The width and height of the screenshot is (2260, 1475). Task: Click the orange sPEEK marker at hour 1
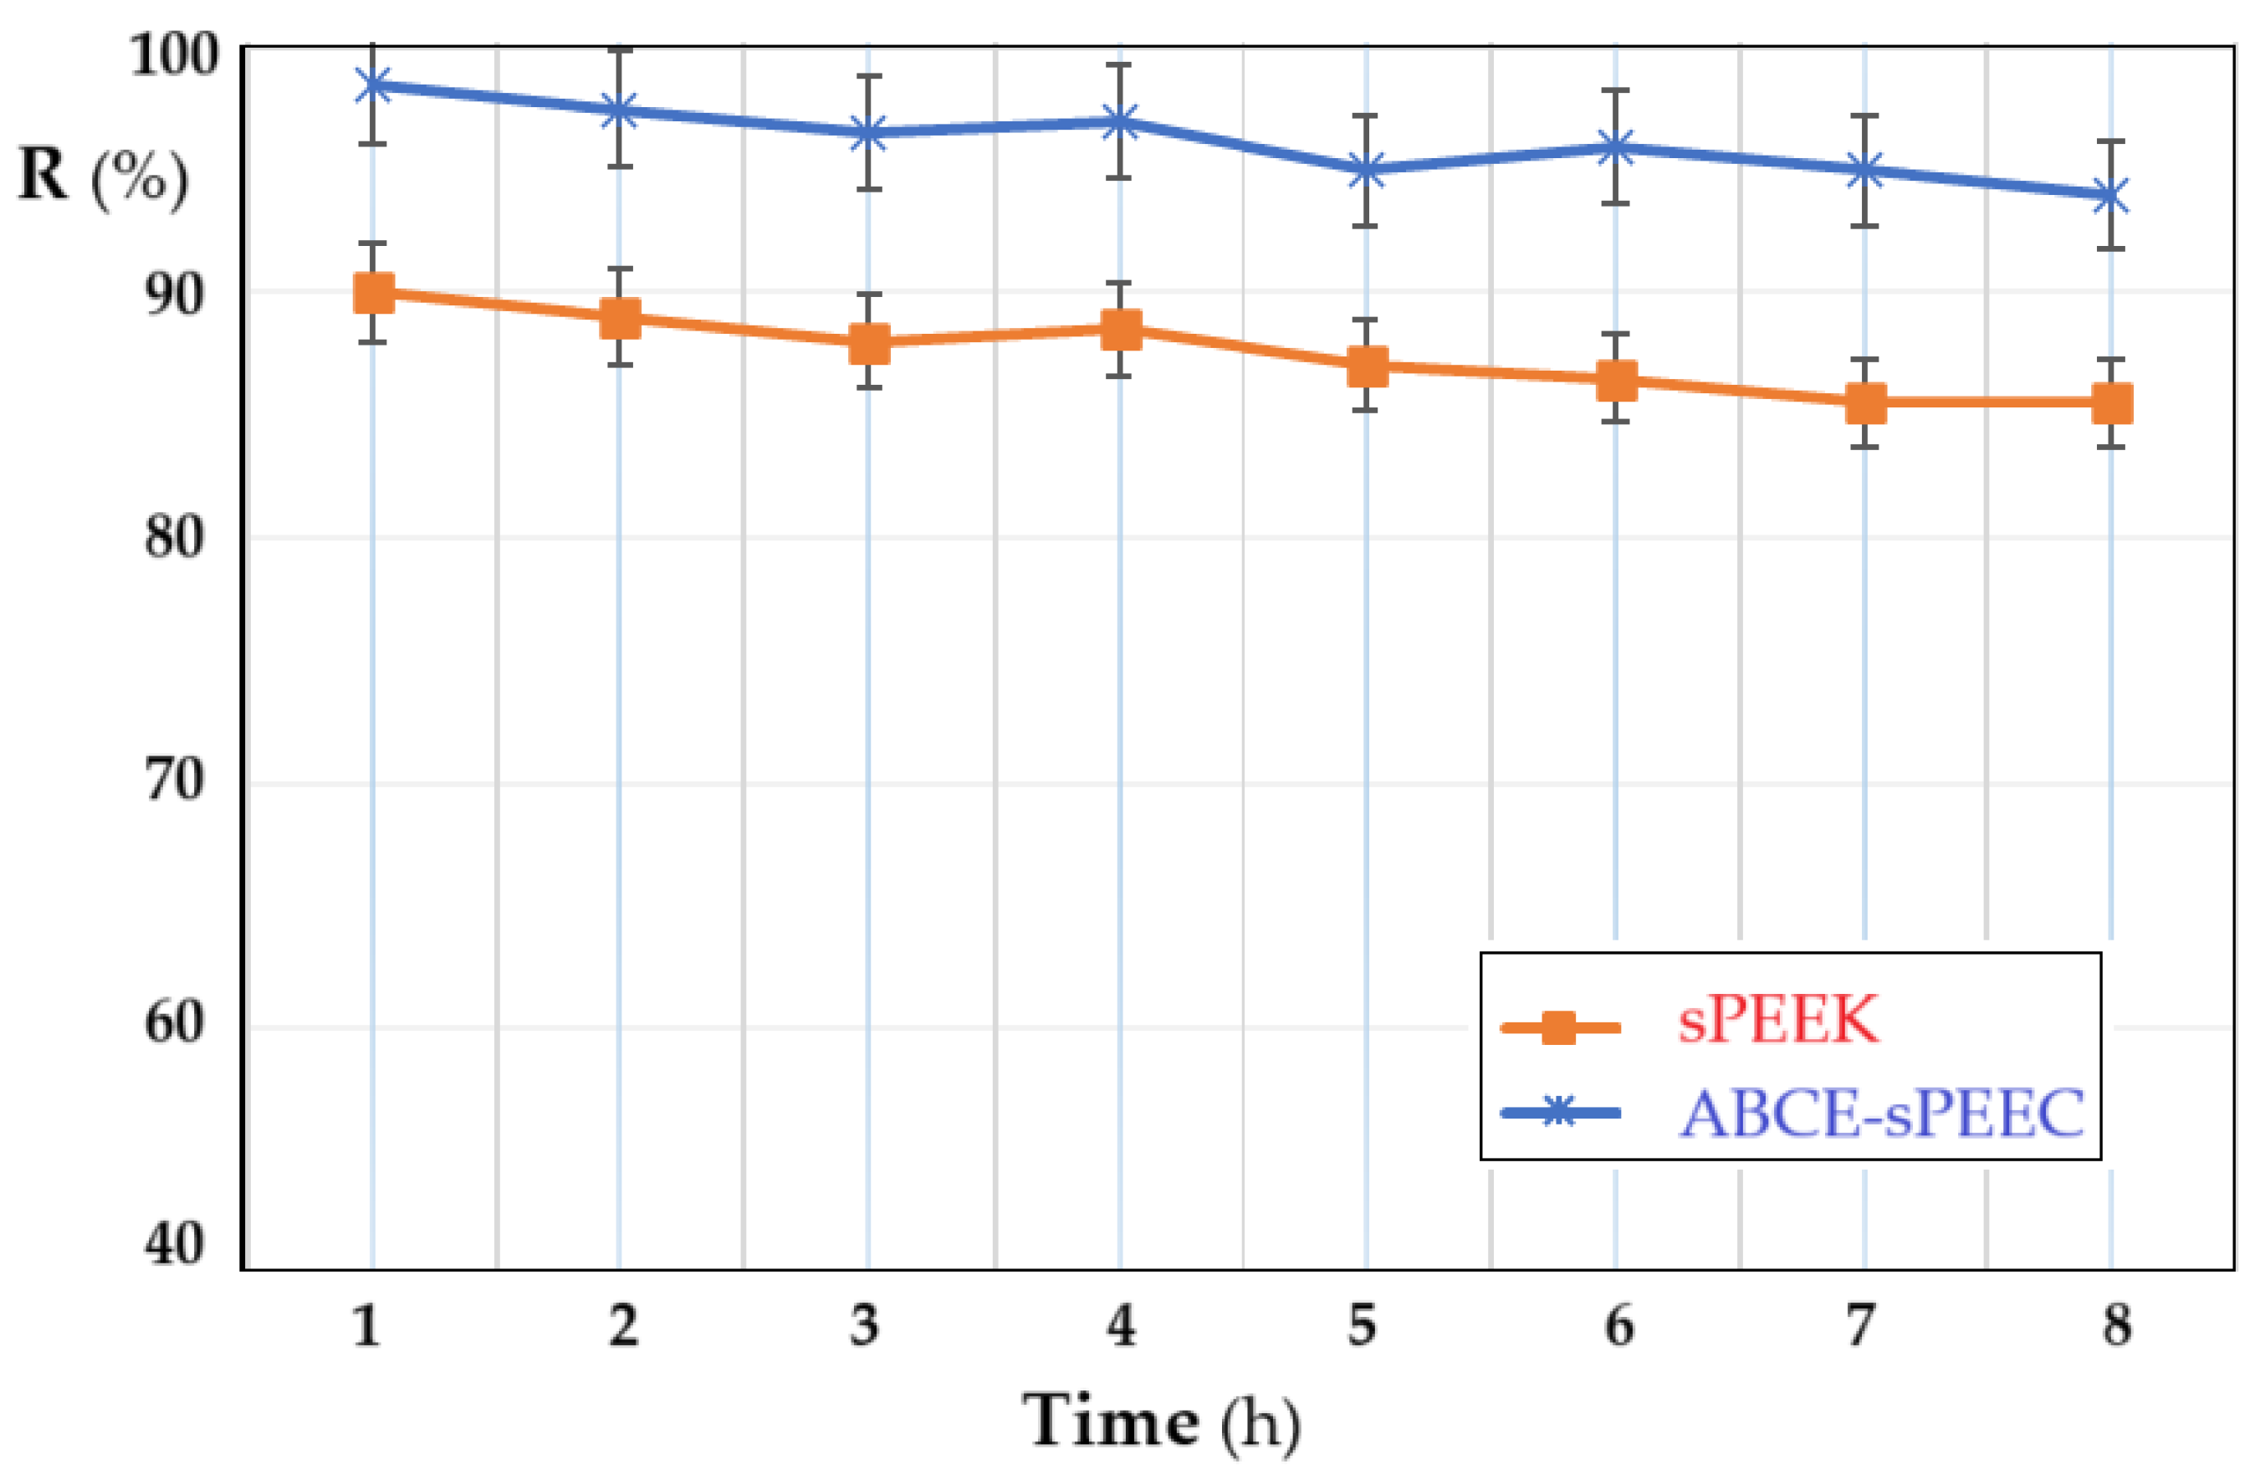(373, 294)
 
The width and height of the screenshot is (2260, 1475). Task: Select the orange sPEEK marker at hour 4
(1122, 330)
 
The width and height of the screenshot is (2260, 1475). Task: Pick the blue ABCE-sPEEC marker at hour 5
(1367, 172)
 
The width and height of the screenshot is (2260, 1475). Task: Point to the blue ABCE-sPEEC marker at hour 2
(620, 111)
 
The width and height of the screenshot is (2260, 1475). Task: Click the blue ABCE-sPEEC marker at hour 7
(1865, 172)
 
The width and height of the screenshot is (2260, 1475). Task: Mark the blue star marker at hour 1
(373, 85)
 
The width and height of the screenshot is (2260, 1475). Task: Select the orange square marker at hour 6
(1616, 380)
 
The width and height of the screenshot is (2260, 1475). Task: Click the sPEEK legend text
(1777, 1021)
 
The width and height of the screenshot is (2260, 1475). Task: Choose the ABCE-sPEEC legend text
(1881, 1112)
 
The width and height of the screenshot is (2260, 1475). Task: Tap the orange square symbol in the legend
(1558, 1027)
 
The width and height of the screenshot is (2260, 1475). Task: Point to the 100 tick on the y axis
(174, 55)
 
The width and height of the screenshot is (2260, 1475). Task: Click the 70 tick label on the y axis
(174, 782)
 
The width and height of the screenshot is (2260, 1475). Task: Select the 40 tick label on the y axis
(174, 1243)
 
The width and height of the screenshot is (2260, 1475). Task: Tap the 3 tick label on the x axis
(864, 1326)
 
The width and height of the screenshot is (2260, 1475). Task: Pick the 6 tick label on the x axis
(1619, 1326)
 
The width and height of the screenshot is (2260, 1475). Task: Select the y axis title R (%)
(103, 177)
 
